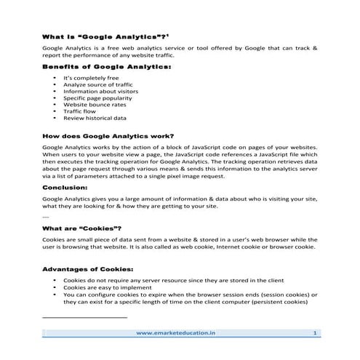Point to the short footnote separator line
point(85,317)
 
